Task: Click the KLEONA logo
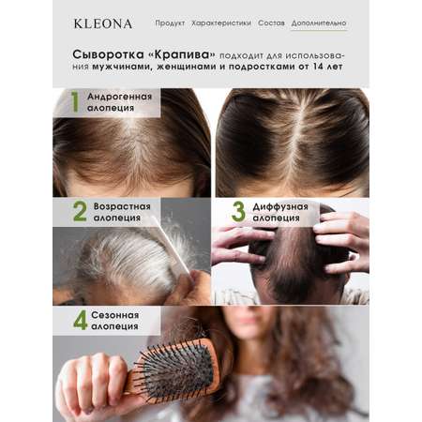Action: click(103, 23)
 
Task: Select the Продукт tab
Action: click(170, 23)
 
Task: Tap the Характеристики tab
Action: click(221, 23)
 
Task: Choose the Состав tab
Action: click(271, 23)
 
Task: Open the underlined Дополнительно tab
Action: click(319, 23)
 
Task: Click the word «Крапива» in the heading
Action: click(181, 54)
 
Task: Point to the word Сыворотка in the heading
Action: click(108, 54)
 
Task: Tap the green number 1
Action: click(75, 101)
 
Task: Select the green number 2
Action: click(80, 211)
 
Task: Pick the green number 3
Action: click(238, 211)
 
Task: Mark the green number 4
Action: click(80, 320)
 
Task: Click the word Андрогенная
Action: click(120, 97)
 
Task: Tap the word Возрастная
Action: click(122, 206)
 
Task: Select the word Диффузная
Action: click(280, 206)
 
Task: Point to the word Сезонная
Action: click(115, 315)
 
